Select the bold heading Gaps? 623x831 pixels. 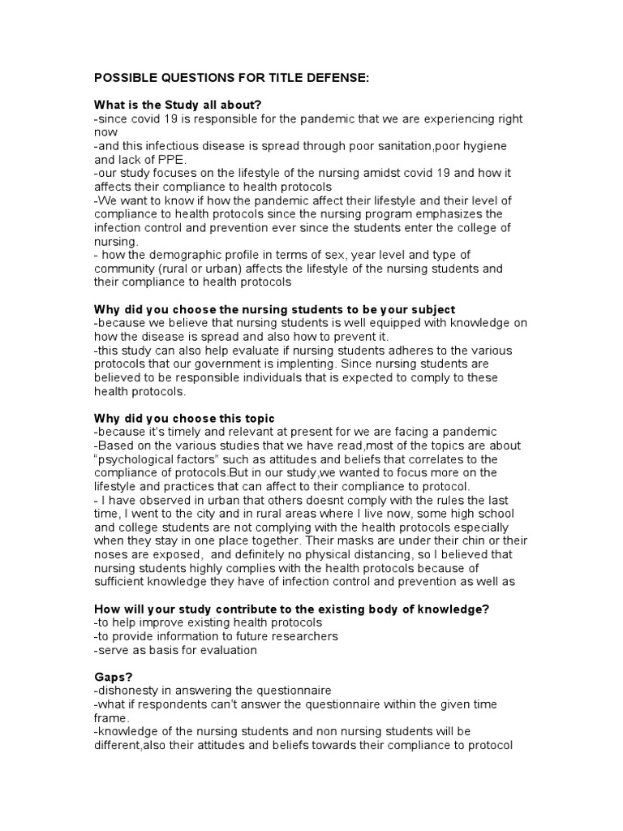click(x=114, y=676)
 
